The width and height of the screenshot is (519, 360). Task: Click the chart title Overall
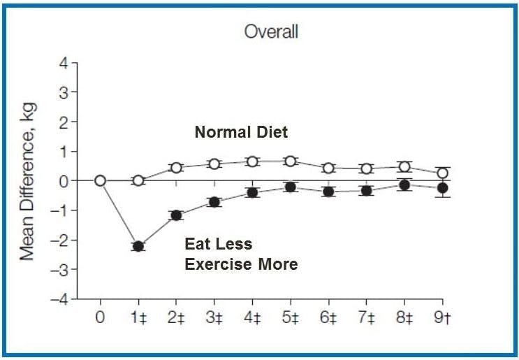[270, 31]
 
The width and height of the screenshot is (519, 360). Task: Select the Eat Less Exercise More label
[241, 254]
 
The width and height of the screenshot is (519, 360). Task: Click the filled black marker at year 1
[138, 246]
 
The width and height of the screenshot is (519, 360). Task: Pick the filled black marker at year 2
[176, 215]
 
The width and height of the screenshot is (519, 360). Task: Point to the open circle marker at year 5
[290, 161]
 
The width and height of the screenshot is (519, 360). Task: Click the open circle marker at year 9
[442, 173]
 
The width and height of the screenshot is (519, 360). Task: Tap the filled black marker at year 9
[442, 188]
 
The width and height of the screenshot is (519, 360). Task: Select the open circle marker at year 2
[176, 168]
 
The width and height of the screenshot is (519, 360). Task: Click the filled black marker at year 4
[252, 192]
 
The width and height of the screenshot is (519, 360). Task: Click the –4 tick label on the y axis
[61, 299]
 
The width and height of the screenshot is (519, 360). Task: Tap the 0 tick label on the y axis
[64, 181]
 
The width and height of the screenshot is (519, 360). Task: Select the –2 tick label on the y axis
[61, 240]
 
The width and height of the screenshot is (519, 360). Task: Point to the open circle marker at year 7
[366, 168]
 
